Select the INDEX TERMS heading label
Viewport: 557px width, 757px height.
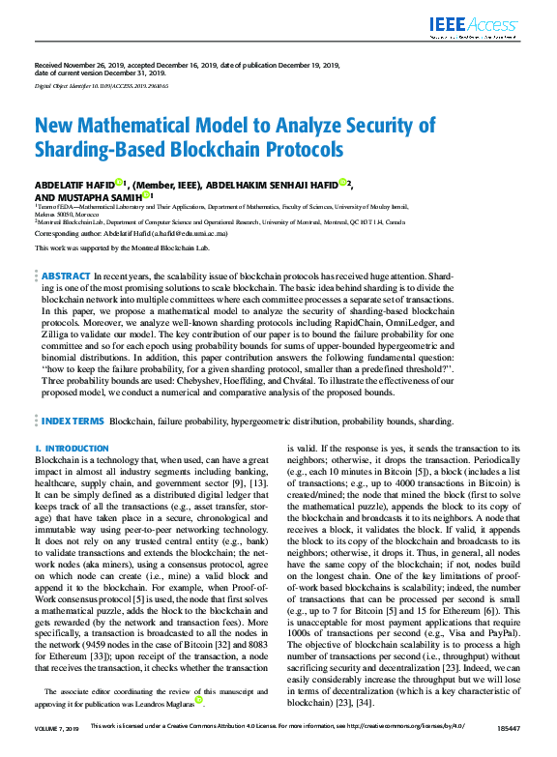point(73,422)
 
